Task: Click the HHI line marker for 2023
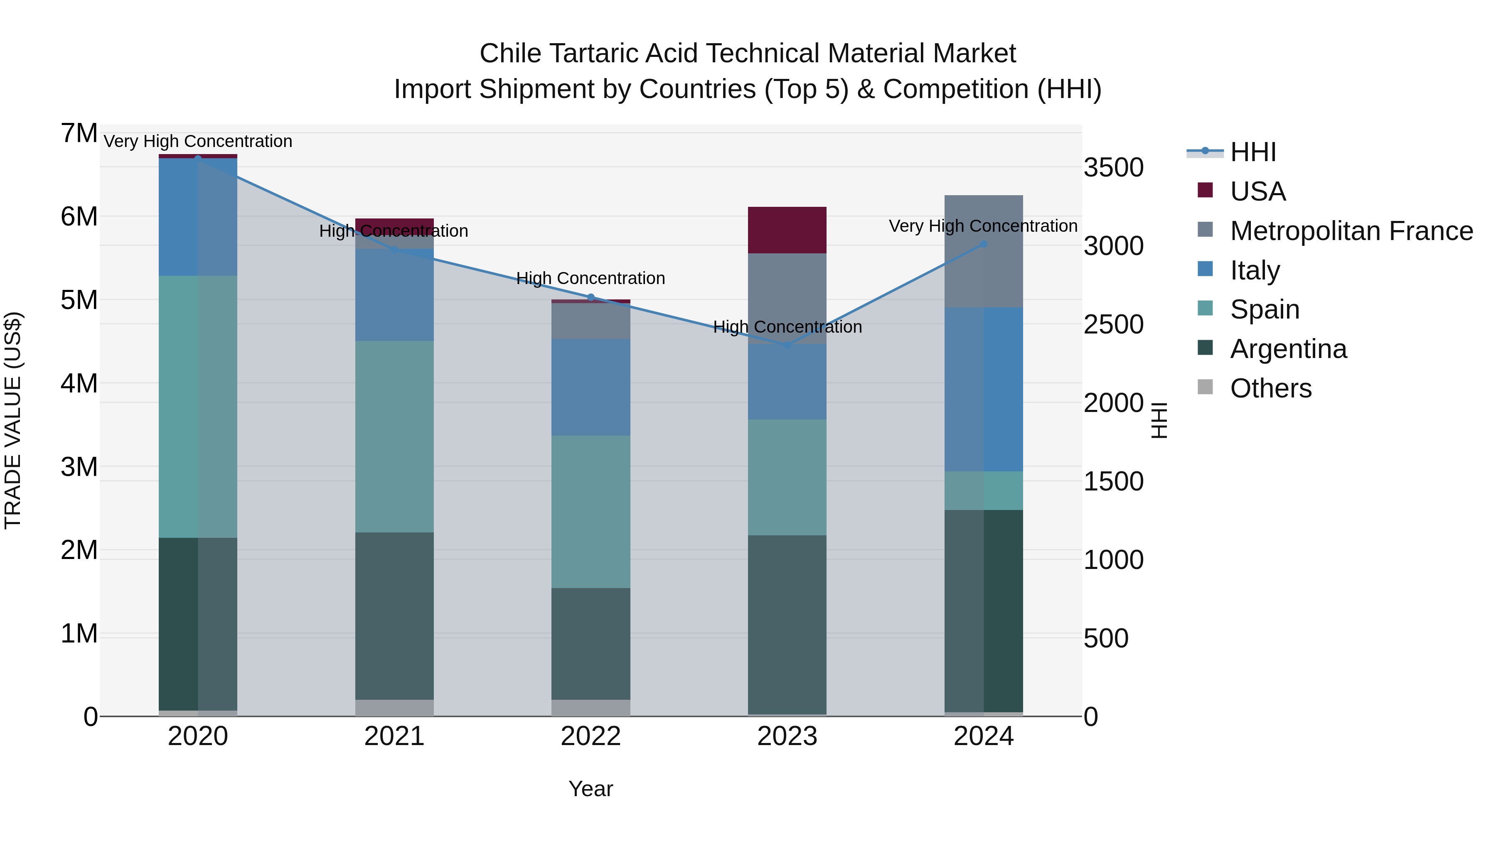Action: click(787, 346)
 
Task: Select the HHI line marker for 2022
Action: click(591, 297)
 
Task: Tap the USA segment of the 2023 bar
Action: click(787, 230)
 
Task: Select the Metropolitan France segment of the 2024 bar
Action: click(983, 251)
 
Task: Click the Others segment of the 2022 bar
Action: click(591, 708)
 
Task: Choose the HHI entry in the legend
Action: click(1252, 152)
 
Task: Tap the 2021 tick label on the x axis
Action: click(394, 736)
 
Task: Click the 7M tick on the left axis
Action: click(79, 133)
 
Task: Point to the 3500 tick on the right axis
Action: click(1113, 168)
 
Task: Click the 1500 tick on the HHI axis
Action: click(1113, 482)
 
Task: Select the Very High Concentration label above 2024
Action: click(983, 226)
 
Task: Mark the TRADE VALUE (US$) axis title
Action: click(13, 420)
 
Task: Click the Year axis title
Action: click(591, 789)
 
